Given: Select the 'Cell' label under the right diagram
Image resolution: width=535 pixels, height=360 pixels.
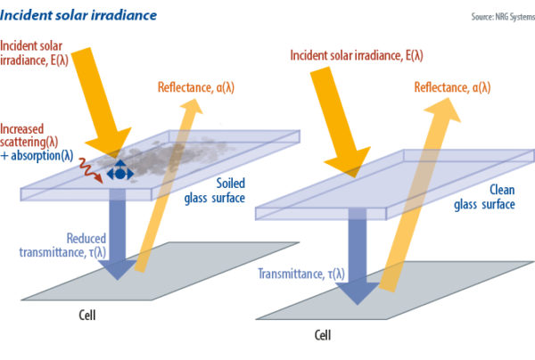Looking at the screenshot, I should coord(325,337).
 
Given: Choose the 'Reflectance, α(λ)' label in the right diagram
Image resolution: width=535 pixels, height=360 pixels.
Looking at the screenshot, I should coord(457,86).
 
